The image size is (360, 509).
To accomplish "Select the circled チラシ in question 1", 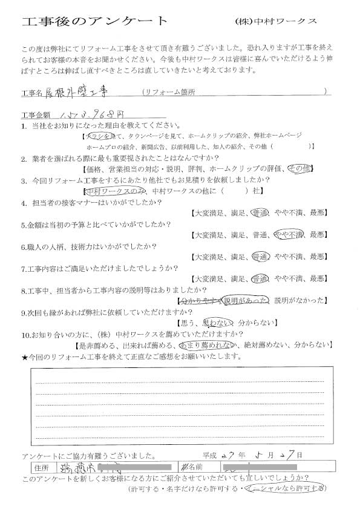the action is (x=103, y=137).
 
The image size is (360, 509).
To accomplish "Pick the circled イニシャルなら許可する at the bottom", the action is (x=285, y=488).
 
